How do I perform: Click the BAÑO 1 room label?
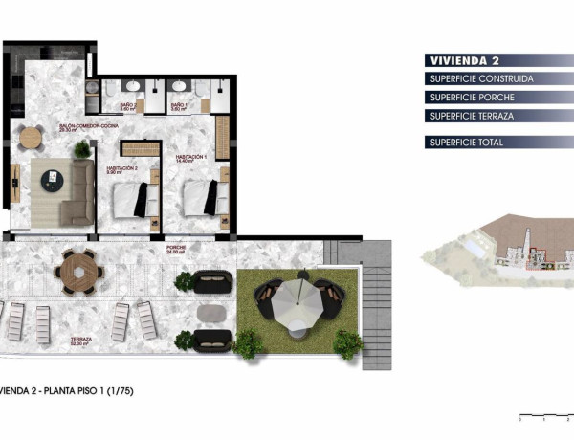click(x=179, y=106)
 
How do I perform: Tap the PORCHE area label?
click(x=174, y=249)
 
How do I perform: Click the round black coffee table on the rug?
click(x=52, y=177)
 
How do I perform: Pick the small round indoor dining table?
click(x=32, y=138)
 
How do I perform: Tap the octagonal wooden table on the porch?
click(x=77, y=272)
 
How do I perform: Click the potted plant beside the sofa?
click(x=83, y=149)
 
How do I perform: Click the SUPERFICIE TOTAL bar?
click(x=497, y=143)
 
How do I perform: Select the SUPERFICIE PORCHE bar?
click(x=497, y=97)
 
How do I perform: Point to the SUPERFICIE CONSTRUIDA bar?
click(x=497, y=78)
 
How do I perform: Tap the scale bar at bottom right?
click(x=545, y=416)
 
